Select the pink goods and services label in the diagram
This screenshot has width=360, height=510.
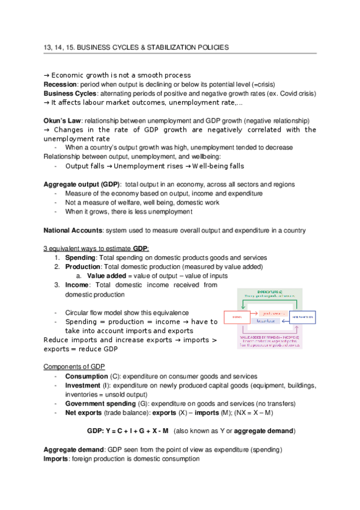(x=272, y=313)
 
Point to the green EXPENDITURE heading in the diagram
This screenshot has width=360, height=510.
(x=271, y=290)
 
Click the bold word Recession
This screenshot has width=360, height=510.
(x=59, y=84)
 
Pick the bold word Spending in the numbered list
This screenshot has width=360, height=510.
(x=80, y=257)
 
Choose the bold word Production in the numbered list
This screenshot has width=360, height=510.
(x=83, y=266)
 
